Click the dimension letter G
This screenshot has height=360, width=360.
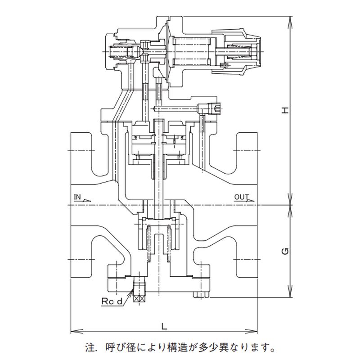(284, 251)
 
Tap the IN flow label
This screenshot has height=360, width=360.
(77, 197)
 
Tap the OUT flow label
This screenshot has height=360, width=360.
(241, 197)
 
